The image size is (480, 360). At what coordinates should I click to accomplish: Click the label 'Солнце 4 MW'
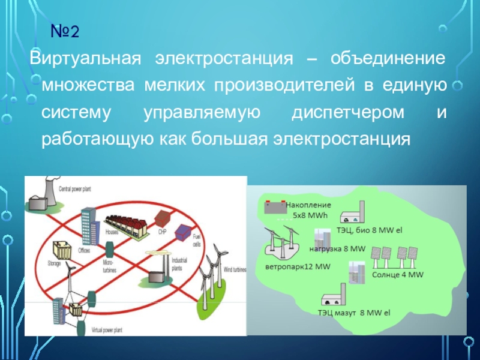(x=398, y=275)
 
